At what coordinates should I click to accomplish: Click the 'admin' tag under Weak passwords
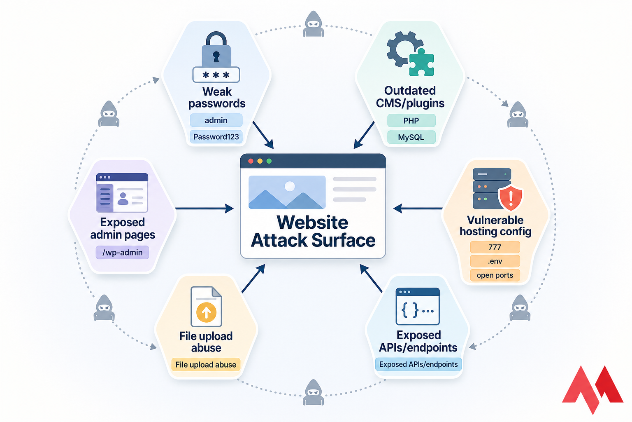216,120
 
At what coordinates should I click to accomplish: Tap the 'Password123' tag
216,137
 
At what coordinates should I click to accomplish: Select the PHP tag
411,121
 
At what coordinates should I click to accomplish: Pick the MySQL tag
411,137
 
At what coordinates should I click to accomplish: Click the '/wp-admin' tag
123,253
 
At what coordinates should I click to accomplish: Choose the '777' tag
495,247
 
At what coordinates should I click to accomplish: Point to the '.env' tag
495,261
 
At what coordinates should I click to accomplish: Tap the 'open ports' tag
495,275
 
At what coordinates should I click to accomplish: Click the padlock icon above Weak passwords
216,52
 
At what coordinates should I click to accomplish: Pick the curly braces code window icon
418,307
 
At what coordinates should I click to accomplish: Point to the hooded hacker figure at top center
314,24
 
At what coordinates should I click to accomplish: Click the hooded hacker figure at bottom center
314,392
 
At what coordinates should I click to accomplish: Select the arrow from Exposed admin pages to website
204,208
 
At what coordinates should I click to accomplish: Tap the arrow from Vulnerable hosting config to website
418,208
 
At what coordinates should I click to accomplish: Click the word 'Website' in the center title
313,223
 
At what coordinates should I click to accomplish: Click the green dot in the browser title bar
269,161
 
